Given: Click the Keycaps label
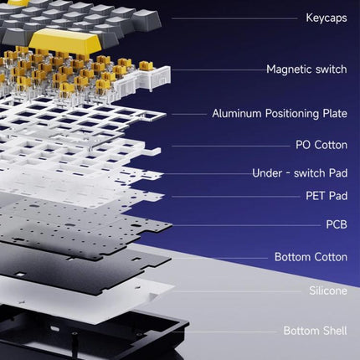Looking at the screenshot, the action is (327, 18).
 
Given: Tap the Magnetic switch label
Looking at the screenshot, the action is (306, 69).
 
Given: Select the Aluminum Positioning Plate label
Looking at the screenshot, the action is (280, 114).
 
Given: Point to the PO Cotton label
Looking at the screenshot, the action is (321, 145).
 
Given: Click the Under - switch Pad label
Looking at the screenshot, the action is (300, 173).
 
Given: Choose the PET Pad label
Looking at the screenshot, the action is (327, 196).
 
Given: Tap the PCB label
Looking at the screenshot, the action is (337, 224).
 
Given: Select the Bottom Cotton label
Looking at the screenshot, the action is (311, 257).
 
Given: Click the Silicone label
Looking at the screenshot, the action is (328, 291).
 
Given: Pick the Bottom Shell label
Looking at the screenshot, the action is (316, 331).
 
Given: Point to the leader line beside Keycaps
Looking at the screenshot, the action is (234, 18).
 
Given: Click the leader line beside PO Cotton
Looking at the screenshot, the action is (231, 146).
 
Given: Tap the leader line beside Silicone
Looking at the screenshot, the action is (237, 291).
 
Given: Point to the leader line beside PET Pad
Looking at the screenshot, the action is (236, 197).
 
